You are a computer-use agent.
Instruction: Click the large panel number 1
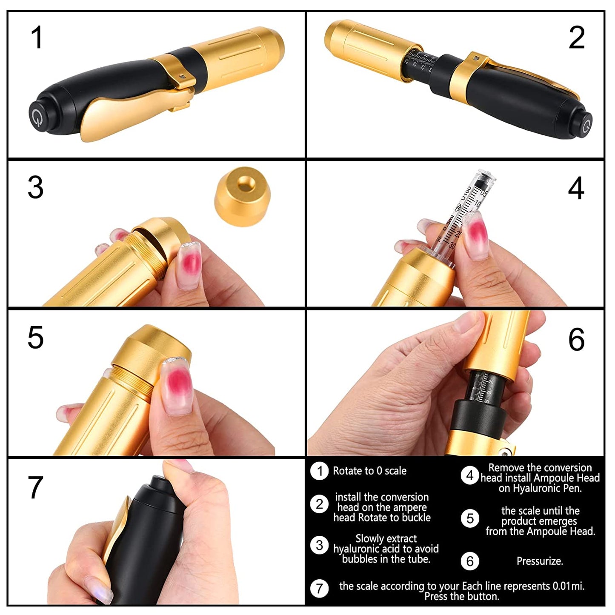(37, 37)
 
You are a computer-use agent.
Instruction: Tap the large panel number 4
(576, 188)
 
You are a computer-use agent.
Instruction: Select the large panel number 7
(35, 488)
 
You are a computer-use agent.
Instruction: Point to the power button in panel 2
(586, 126)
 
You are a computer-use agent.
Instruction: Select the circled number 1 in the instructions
(319, 471)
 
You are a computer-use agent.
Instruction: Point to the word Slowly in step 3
(369, 539)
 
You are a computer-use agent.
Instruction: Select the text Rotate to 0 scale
(369, 471)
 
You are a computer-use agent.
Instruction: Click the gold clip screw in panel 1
(182, 76)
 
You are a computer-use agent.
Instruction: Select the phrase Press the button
(461, 597)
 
